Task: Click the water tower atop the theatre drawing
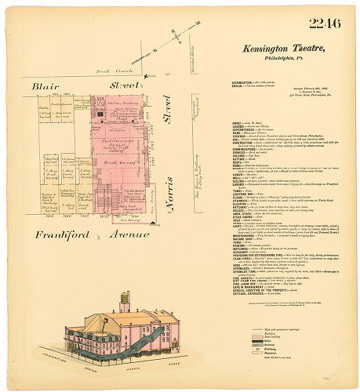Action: point(123,301)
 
